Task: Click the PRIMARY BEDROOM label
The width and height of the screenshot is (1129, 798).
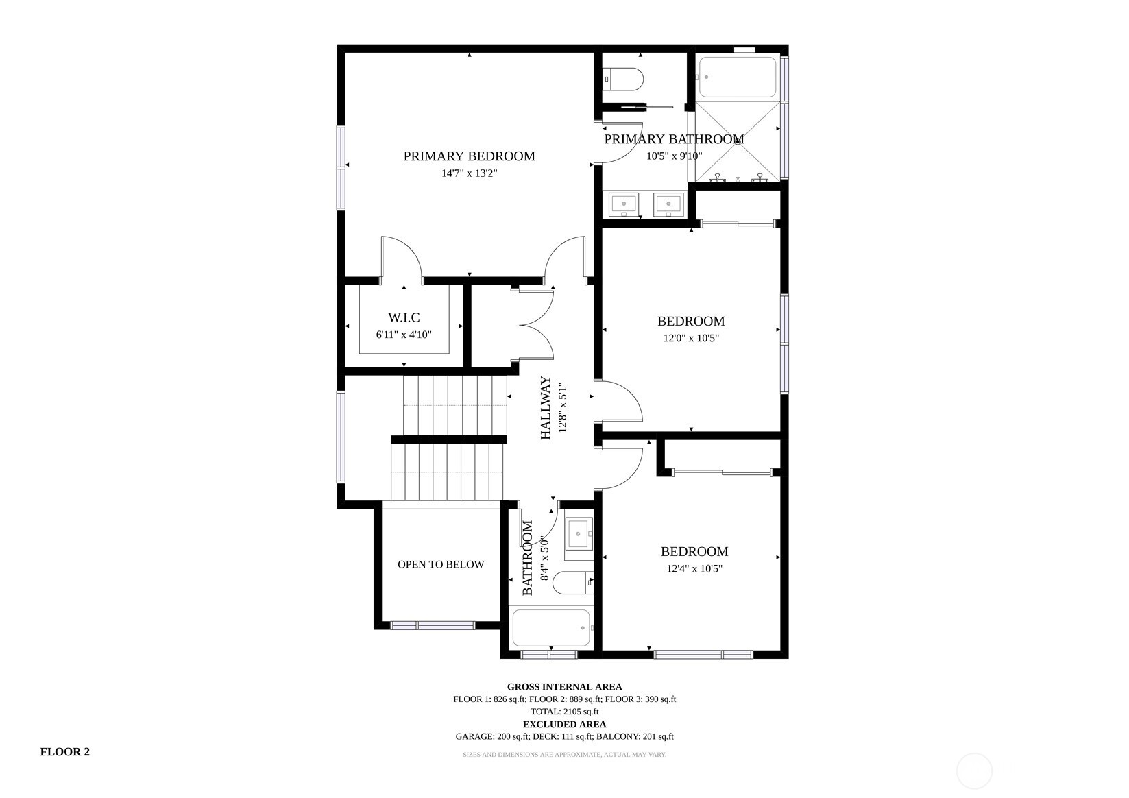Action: coord(469,156)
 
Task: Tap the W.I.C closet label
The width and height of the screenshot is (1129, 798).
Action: coord(404,317)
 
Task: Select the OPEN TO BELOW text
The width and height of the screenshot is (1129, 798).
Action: coord(441,565)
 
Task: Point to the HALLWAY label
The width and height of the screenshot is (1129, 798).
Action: coord(546,408)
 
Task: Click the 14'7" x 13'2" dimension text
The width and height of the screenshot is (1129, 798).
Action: coord(470,173)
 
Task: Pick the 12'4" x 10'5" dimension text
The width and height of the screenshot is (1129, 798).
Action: coord(694,568)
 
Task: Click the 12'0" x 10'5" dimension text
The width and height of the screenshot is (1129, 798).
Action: coord(690,338)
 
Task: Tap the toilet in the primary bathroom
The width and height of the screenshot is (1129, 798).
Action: coord(624,79)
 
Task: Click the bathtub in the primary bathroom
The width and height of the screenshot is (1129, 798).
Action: coord(738,77)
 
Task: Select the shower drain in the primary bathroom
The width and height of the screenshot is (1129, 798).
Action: coord(738,142)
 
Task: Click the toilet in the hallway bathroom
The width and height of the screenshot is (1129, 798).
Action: coord(573,583)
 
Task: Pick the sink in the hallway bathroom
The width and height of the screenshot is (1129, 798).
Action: coord(579,533)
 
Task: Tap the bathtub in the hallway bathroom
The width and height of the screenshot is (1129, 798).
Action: coord(551,628)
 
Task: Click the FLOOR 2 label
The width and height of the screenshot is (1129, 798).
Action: coord(65,751)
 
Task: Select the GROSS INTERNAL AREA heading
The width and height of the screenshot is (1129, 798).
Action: coord(565,686)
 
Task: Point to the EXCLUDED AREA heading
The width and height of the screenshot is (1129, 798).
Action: coord(565,725)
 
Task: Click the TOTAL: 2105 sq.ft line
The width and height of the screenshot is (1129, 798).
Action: coord(565,712)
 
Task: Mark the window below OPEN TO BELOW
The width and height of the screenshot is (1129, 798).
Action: coord(433,626)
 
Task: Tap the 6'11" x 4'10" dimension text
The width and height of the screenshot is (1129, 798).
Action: coord(404,335)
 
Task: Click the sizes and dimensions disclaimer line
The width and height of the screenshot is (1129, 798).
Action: coord(565,755)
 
